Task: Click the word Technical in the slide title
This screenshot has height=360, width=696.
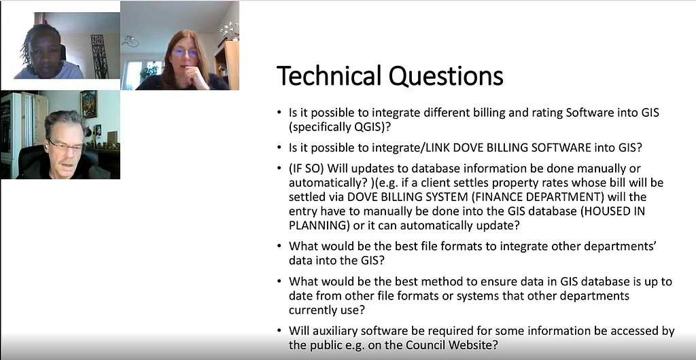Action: point(330,75)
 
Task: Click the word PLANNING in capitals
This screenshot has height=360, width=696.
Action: point(316,225)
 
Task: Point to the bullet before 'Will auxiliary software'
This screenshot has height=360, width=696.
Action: point(278,331)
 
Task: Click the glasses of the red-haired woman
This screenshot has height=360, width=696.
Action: point(185,53)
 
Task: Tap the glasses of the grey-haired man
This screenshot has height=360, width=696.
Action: point(65,145)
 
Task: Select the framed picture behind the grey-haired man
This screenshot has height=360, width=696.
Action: point(88,104)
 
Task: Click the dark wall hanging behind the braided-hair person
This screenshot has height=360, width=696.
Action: point(99,56)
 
